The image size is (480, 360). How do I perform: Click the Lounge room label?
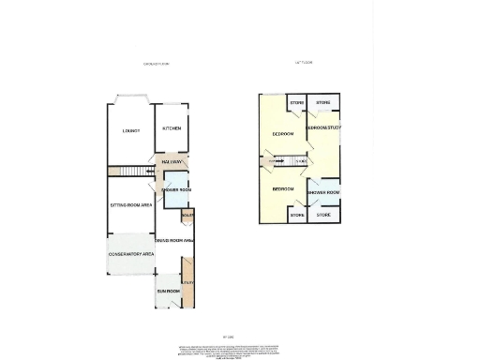[130, 130]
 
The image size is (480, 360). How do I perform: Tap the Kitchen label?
[171, 129]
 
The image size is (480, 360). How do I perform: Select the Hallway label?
[172, 162]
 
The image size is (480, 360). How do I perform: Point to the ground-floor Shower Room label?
[176, 190]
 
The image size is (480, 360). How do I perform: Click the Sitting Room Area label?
[132, 203]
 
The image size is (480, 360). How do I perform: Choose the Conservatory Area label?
[131, 256]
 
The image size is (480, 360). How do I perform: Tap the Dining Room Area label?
[174, 241]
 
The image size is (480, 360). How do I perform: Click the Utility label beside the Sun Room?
[188, 283]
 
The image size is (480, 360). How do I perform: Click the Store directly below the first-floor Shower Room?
[323, 216]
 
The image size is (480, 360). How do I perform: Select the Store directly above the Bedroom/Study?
[322, 101]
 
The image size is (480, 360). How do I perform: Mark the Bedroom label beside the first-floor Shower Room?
[283, 188]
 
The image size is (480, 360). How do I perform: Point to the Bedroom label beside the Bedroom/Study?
[283, 134]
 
